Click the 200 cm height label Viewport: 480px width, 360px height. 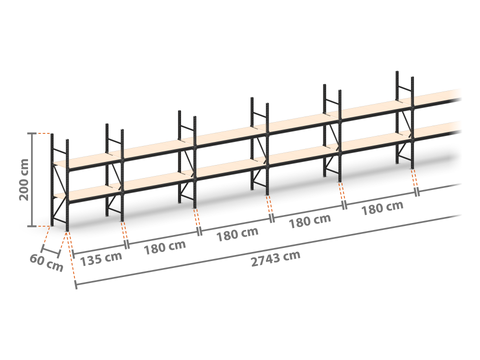(24, 180)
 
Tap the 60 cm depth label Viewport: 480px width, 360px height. (46, 263)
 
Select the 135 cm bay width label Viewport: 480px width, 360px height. (101, 258)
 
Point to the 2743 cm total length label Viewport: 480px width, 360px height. (275, 258)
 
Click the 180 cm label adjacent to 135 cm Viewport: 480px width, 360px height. (165, 247)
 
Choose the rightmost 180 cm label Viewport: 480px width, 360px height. (382, 208)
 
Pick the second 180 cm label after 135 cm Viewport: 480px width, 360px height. (237, 234)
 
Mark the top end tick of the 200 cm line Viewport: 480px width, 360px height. (32, 133)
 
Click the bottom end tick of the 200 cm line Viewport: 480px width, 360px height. (32, 226)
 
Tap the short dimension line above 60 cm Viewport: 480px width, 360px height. (51, 251)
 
